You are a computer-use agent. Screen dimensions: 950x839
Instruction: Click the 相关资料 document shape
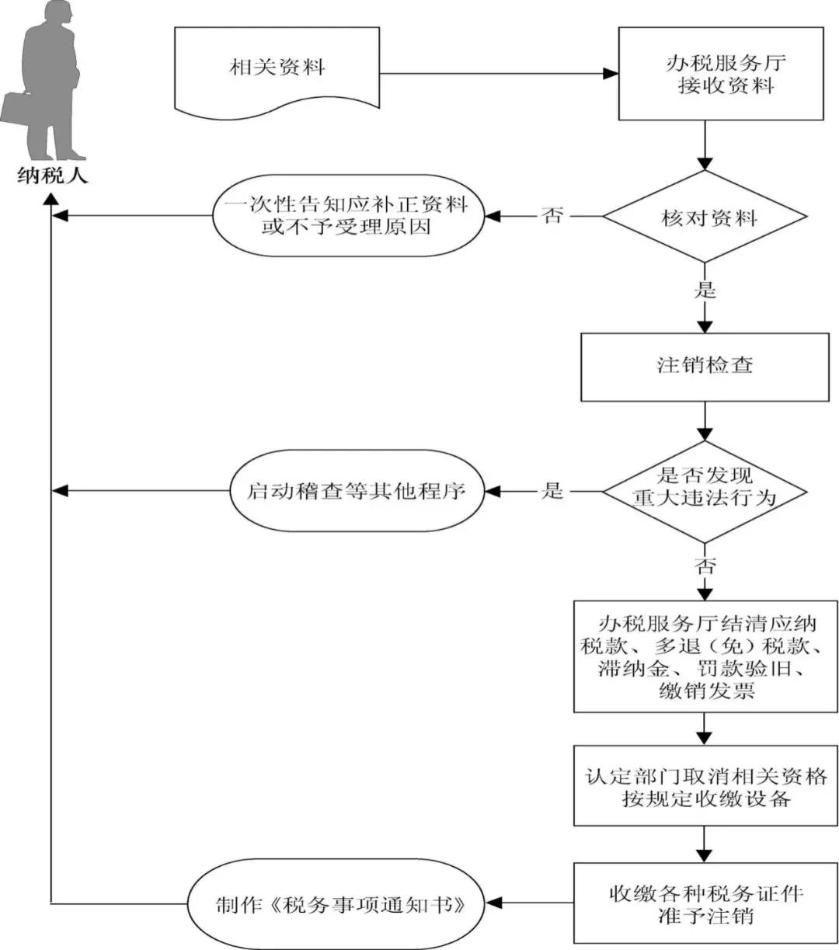click(277, 68)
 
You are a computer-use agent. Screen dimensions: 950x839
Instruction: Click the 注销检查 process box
click(705, 365)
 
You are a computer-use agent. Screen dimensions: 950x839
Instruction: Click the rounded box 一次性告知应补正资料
click(346, 216)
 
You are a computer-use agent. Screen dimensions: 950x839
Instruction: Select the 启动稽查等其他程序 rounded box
click(355, 491)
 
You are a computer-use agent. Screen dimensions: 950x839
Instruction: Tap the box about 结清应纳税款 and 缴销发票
click(705, 656)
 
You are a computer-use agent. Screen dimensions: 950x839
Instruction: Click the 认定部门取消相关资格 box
click(705, 786)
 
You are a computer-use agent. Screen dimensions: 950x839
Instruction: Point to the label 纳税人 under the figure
click(52, 176)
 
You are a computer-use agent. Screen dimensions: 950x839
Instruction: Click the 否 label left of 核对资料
click(553, 215)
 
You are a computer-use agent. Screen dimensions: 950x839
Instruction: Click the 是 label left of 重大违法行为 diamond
click(552, 490)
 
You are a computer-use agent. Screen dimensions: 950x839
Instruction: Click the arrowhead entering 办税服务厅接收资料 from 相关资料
click(610, 75)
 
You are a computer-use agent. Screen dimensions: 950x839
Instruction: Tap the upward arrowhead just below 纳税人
click(51, 198)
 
